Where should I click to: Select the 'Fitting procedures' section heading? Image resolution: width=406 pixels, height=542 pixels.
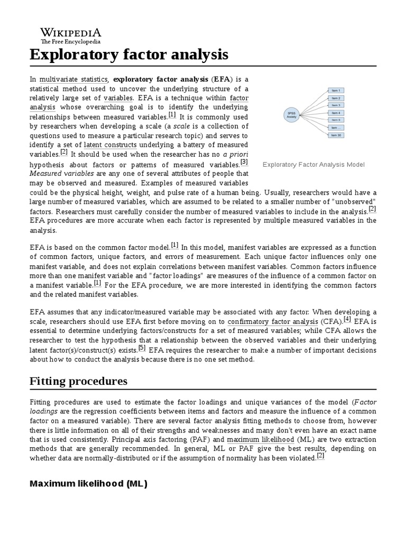tap(78, 381)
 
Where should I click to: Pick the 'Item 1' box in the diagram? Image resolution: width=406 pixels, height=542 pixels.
tap(336, 91)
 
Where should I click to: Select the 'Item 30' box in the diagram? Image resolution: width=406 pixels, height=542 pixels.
tap(336, 135)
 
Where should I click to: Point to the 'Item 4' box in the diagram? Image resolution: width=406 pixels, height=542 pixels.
tap(336, 113)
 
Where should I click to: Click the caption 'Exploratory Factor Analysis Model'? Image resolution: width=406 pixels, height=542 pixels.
tap(313, 165)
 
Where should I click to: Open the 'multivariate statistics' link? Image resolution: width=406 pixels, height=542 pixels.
tap(74, 79)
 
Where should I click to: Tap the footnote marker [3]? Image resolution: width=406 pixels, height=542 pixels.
tap(244, 162)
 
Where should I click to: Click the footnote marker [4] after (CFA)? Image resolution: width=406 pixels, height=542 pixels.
tap(347, 319)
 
